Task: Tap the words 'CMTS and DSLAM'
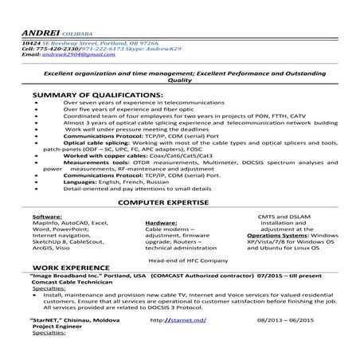tap(287, 216)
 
